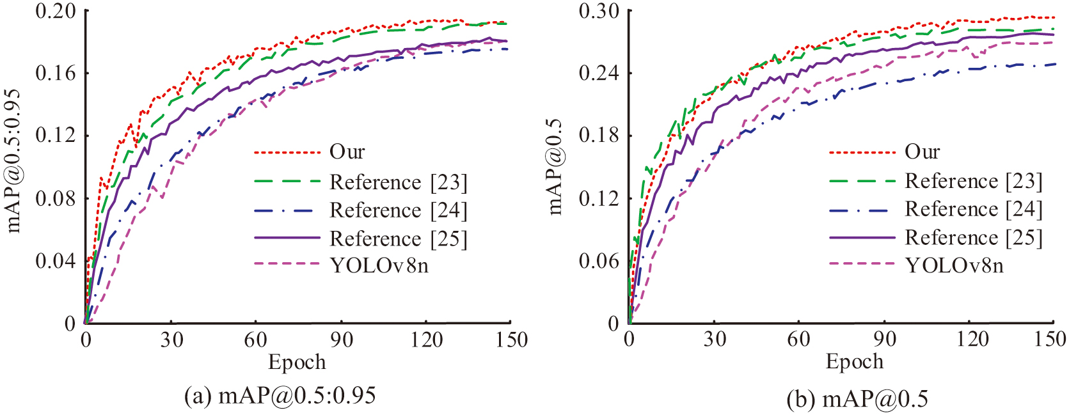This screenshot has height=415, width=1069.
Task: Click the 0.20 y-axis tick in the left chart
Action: point(55,11)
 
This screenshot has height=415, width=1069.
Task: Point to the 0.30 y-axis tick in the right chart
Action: point(599,11)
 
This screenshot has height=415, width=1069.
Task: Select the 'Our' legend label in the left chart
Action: point(347,152)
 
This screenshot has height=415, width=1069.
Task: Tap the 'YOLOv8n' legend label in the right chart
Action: point(954,265)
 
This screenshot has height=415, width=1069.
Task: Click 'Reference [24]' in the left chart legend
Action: point(398,210)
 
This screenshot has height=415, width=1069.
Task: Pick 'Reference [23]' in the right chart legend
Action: point(973,181)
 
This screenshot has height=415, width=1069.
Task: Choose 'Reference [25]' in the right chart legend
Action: point(973,237)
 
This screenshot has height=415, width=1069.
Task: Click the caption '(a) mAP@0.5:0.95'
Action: point(280,396)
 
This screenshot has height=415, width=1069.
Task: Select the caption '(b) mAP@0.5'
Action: point(857,399)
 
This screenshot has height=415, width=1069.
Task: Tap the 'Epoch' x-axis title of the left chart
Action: point(297,362)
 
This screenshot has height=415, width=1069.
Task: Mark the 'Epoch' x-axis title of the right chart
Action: point(854,361)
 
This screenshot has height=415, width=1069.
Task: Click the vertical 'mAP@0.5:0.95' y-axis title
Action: point(13,161)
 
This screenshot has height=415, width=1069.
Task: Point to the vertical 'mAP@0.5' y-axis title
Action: point(555,166)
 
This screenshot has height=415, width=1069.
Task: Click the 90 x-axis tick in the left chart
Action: point(342,339)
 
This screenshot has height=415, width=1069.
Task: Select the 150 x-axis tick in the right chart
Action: point(1050,339)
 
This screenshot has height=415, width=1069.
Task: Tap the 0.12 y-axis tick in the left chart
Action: point(55,136)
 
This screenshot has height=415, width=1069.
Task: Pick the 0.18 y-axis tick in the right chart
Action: point(599,136)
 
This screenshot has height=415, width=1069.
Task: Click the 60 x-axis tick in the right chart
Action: point(799,339)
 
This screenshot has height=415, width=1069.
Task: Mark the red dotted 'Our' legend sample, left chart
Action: point(287,152)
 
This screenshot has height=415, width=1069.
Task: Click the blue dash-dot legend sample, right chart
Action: point(862,209)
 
